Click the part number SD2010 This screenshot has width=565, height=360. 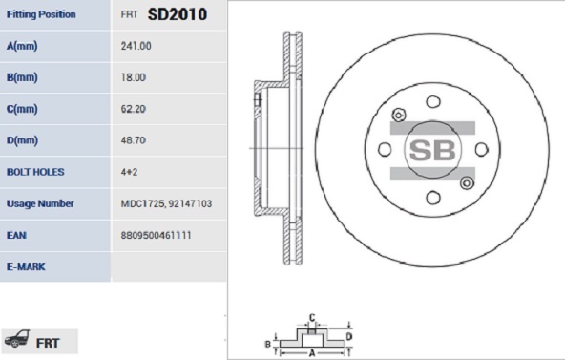[178, 14]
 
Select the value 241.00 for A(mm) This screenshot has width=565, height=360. [136, 46]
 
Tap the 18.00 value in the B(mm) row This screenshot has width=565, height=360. [134, 77]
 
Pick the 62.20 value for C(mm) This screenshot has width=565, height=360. [134, 109]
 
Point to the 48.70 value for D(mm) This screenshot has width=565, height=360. [134, 140]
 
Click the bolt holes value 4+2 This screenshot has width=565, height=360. [129, 172]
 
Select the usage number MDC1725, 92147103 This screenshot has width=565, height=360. [166, 203]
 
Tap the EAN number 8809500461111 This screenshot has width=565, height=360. [156, 235]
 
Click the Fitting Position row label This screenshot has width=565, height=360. [41, 14]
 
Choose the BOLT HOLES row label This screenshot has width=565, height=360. [35, 172]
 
